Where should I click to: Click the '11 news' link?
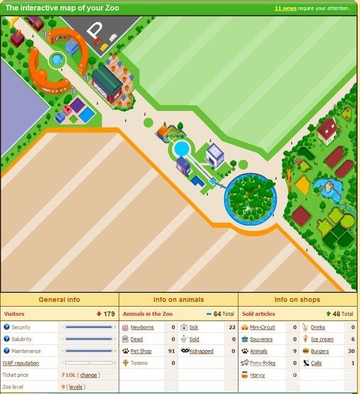point(284,9)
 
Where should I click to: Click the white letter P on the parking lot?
point(95,31)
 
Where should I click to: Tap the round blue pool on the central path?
point(182,148)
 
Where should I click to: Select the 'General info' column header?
point(60,300)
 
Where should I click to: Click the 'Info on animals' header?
point(178,300)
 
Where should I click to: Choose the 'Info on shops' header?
point(298,300)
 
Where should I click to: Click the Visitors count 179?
point(109,314)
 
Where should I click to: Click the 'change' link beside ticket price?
point(89,375)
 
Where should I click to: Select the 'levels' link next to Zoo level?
point(76,387)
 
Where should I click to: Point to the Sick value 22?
point(231,327)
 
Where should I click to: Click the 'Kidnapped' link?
point(201,351)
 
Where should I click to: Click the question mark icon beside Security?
point(6,327)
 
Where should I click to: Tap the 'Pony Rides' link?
point(263,363)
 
